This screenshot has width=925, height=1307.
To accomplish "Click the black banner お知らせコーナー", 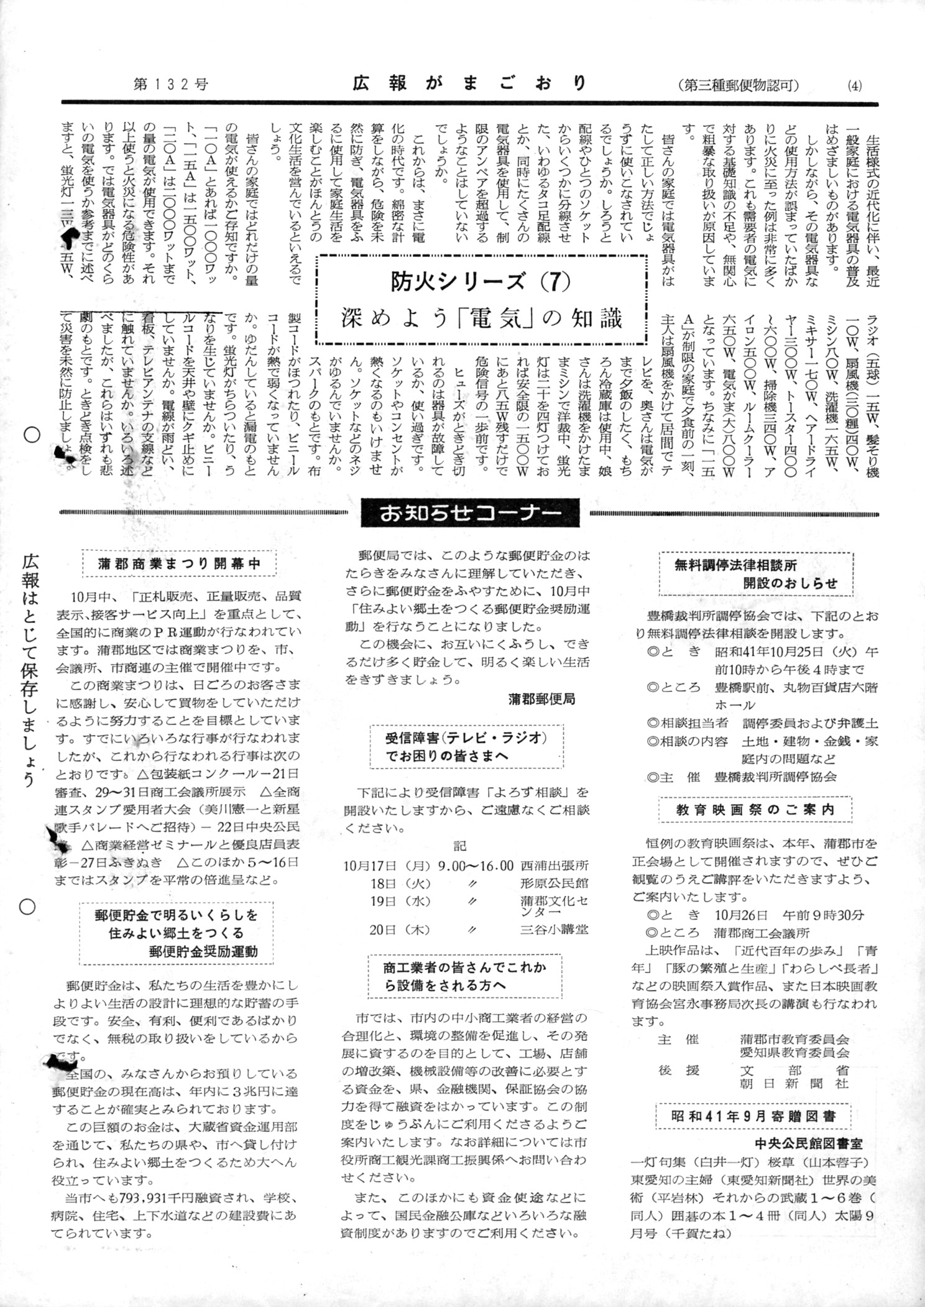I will point(470,513).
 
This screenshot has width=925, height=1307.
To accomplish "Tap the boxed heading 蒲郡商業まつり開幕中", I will point(179,564).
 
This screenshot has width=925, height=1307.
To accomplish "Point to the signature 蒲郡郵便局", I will point(541,699).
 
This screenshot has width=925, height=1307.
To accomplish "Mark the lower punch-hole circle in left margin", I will point(27,907).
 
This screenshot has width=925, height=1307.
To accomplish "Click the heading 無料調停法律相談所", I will point(735,566).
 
